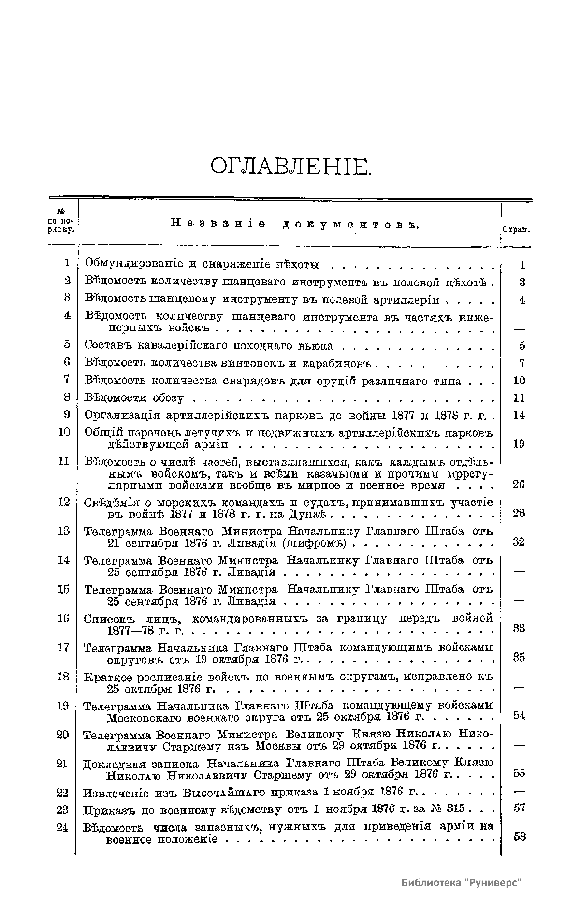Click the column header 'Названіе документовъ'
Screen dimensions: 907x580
click(294, 224)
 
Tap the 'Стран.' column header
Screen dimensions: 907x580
click(516, 230)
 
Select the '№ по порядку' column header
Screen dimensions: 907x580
click(62, 221)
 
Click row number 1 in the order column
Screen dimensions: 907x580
click(67, 263)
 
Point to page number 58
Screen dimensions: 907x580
click(520, 836)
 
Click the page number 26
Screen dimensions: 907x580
click(519, 484)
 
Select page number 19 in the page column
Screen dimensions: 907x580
click(519, 444)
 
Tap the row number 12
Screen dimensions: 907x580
click(64, 502)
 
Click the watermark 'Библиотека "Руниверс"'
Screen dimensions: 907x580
click(462, 882)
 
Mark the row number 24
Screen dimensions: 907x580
click(62, 827)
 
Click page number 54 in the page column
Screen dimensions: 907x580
click(519, 715)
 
